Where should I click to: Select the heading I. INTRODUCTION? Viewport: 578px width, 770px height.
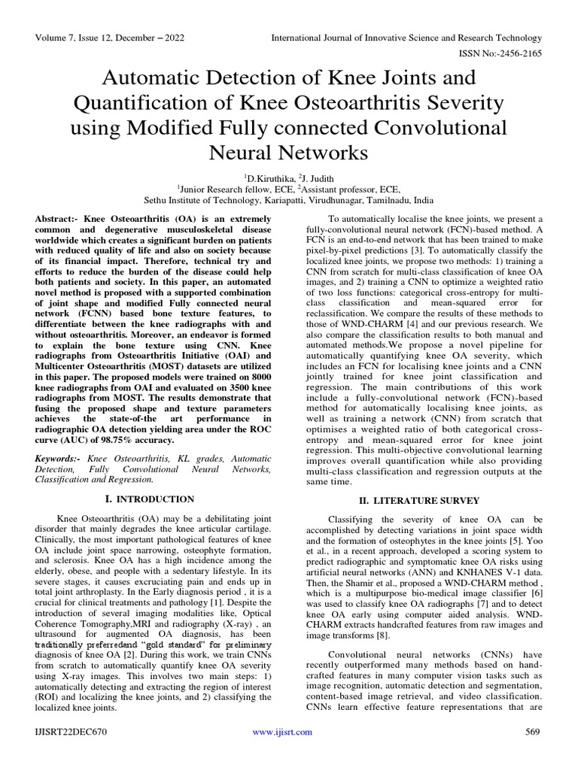click(153, 499)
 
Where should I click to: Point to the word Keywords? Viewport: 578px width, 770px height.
click(58, 458)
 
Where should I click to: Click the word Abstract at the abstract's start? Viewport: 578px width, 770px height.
click(56, 217)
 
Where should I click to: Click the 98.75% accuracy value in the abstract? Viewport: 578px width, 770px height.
click(147, 440)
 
